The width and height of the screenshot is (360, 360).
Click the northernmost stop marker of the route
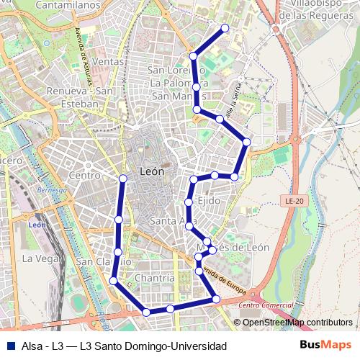pos(225,28)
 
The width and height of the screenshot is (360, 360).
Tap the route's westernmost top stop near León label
pos(123,178)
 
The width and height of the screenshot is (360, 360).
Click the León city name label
pos(151,172)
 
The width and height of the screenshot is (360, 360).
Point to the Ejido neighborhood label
pos(209,201)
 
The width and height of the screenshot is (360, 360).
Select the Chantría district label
pos(154,277)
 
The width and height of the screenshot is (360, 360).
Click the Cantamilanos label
pos(67,5)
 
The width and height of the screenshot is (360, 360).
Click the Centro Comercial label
pos(262,305)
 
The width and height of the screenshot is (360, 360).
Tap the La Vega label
pos(36,258)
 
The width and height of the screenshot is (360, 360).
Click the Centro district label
pos(84,175)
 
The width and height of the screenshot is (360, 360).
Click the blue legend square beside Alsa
pos(10,346)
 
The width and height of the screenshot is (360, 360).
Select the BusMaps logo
pos(326,345)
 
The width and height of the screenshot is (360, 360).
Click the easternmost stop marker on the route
pos(247,142)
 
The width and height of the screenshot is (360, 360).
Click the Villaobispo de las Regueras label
pos(317,9)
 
